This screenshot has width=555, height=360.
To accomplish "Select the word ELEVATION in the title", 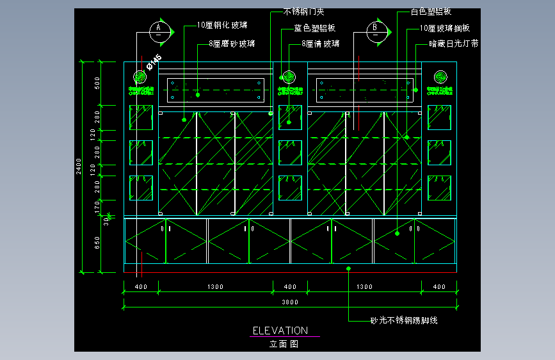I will coord(280,331).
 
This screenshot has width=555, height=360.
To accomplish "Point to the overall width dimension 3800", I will coord(291,302).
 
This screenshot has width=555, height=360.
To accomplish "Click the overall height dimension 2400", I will coord(79,165).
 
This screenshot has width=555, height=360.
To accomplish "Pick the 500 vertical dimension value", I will coord(97,83).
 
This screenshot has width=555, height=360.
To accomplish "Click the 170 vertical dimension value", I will coord(97,206).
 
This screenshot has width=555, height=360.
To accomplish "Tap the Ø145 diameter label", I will coord(154,61).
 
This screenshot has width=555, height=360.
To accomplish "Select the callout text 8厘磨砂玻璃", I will coord(232,44).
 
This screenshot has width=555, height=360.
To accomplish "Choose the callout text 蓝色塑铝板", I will coord(314,29).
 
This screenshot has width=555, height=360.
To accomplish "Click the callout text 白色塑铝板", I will coord(433,12).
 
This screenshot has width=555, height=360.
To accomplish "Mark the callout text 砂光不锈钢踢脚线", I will coord(404,320).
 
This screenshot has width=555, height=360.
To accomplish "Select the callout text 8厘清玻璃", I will coord(321,44).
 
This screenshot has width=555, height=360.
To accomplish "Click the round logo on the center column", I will coord(287,77).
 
